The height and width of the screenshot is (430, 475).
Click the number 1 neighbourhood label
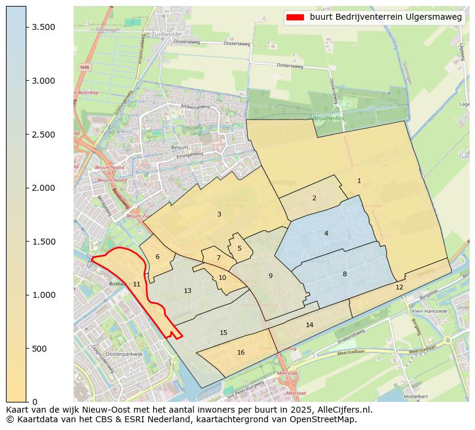pyautogui.click(x=359, y=181)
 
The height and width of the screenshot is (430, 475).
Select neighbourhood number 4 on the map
pyautogui.click(x=326, y=233)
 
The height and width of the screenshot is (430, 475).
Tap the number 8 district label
pyautogui.click(x=345, y=274)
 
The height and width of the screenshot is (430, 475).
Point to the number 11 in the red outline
pyautogui.click(x=136, y=284)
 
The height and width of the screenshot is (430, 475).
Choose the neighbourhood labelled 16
pyautogui.click(x=240, y=352)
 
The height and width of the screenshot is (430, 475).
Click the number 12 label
pyautogui.click(x=399, y=287)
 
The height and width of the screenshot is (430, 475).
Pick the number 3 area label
pyautogui.click(x=219, y=214)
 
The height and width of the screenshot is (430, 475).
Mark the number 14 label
pyautogui.click(x=309, y=325)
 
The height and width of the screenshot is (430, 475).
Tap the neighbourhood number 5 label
pyautogui.click(x=239, y=248)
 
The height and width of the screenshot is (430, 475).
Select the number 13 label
pyautogui.click(x=187, y=291)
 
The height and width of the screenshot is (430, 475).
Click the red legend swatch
pyautogui.click(x=294, y=17)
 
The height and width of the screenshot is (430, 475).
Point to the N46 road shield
pyautogui.click(x=84, y=68)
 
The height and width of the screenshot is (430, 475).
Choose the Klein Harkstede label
pyautogui.click(x=430, y=312)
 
